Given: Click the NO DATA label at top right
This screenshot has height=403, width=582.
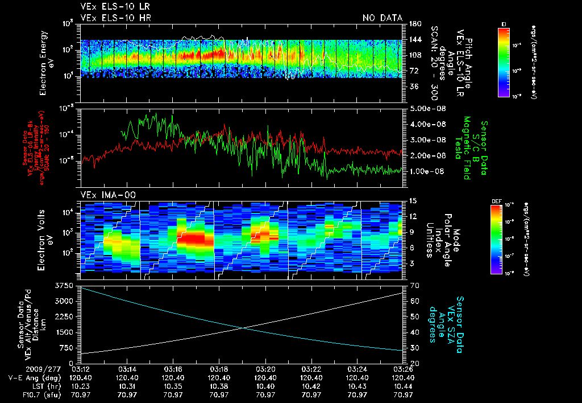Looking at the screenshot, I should [x=383, y=18].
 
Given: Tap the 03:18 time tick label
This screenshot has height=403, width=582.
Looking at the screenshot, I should [x=219, y=369].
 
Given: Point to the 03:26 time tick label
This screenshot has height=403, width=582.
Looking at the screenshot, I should [x=402, y=369].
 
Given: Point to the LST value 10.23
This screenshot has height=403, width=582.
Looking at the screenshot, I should [x=81, y=385].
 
